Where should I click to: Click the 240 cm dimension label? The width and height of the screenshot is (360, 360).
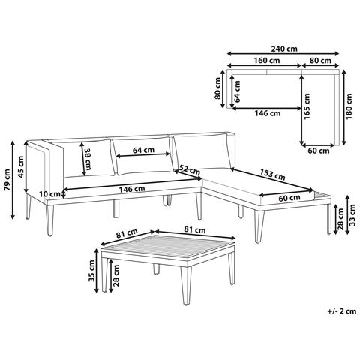coord(284,49)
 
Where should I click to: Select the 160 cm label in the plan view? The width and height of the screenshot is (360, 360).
coord(267,60)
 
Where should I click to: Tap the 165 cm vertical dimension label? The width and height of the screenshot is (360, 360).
coord(307,106)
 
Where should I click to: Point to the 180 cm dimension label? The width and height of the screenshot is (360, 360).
coord(349,106)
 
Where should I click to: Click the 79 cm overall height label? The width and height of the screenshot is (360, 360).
coord(7,180)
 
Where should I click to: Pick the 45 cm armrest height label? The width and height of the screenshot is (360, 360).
coord(21,167)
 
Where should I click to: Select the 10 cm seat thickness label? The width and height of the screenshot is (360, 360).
coord(50,193)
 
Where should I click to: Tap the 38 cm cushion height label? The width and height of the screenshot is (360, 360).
coord(88,160)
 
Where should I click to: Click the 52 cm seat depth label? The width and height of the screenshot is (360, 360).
coord(190,170)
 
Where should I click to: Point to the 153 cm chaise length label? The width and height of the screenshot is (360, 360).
coord(272,175)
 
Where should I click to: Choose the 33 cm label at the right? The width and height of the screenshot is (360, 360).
coord(352,215)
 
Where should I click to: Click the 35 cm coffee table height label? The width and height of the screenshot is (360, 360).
coord(91,271)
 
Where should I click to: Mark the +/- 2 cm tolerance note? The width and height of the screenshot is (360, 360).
coord(342,311)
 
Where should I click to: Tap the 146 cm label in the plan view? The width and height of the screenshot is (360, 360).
coord(268,113)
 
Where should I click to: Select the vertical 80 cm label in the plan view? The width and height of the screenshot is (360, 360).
coord(217,88)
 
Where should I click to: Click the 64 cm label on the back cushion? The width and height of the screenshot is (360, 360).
coord(143,150)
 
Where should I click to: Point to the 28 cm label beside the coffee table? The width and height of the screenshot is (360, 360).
coord(115,275)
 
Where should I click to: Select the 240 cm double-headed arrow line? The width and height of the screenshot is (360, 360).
coord(283,53)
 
